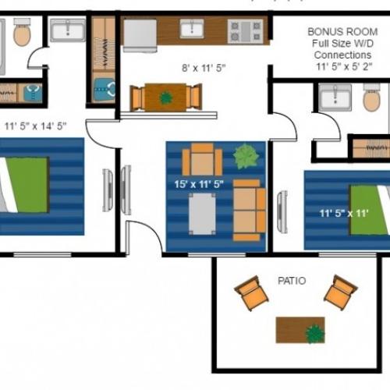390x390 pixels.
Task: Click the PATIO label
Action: [x=291, y=280]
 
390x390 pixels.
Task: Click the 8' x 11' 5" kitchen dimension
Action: [x=204, y=69]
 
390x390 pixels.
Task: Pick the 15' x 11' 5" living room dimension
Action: [x=200, y=185]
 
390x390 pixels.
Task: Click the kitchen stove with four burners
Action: [x=244, y=30]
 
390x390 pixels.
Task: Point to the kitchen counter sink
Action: [x=192, y=29]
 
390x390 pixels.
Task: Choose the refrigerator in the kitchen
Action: [x=140, y=35]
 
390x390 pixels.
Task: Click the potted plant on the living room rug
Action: [x=247, y=156]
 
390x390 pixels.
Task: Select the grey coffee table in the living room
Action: [x=202, y=213]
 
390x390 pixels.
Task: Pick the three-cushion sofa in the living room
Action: [x=249, y=209]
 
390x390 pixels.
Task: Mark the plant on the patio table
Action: [x=314, y=333]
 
